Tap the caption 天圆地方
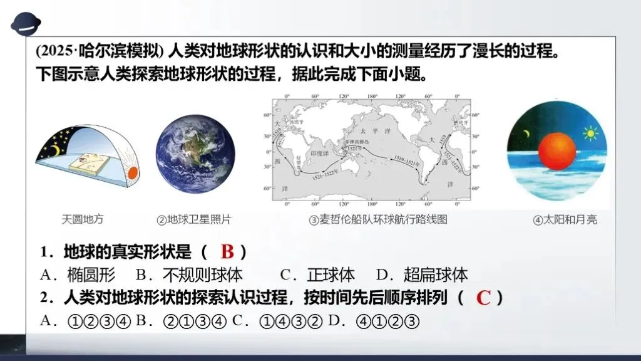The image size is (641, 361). click(x=83, y=219)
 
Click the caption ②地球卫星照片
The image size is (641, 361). click(x=194, y=219)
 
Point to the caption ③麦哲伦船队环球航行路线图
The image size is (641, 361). click(x=378, y=219)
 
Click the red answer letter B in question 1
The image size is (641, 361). click(x=227, y=252)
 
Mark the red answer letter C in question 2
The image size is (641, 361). click(x=483, y=297)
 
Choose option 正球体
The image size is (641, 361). click(x=331, y=275)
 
